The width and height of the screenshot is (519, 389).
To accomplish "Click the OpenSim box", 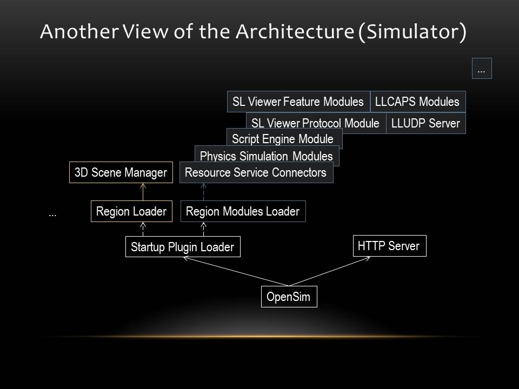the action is (289, 297).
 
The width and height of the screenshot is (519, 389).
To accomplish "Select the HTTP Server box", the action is (390, 246).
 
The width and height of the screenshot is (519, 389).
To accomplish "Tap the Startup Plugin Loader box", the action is (183, 247).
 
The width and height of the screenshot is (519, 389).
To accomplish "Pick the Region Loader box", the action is (131, 211).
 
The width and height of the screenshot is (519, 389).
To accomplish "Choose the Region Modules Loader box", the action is (243, 211).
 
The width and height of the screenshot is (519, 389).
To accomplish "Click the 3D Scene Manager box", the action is (121, 172).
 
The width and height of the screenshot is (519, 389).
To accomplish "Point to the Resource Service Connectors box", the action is (256, 172).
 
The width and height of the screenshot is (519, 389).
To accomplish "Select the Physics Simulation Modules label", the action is (267, 156).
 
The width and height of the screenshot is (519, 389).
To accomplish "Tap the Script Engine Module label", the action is (283, 139).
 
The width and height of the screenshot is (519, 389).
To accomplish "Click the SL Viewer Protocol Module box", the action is (316, 123).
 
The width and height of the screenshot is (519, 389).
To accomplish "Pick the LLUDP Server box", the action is (426, 123).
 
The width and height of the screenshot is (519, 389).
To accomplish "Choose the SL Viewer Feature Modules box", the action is (298, 102).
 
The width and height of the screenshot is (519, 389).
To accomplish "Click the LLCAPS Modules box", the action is (418, 102).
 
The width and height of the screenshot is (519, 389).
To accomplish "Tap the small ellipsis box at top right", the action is (482, 69).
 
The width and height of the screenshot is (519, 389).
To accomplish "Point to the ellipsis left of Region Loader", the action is (52, 215).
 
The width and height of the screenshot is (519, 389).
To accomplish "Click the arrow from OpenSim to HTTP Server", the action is (329, 271).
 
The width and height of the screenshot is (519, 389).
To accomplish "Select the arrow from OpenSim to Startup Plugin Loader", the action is (236, 271).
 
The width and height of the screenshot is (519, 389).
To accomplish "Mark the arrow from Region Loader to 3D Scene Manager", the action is (143, 192).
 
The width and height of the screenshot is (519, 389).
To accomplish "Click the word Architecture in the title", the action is (295, 32).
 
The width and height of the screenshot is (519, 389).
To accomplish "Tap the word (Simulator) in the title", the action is (412, 32).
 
